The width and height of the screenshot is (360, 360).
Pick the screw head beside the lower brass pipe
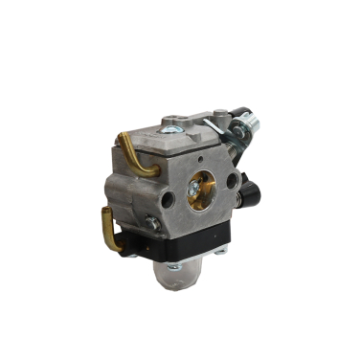tap(150, 223)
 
